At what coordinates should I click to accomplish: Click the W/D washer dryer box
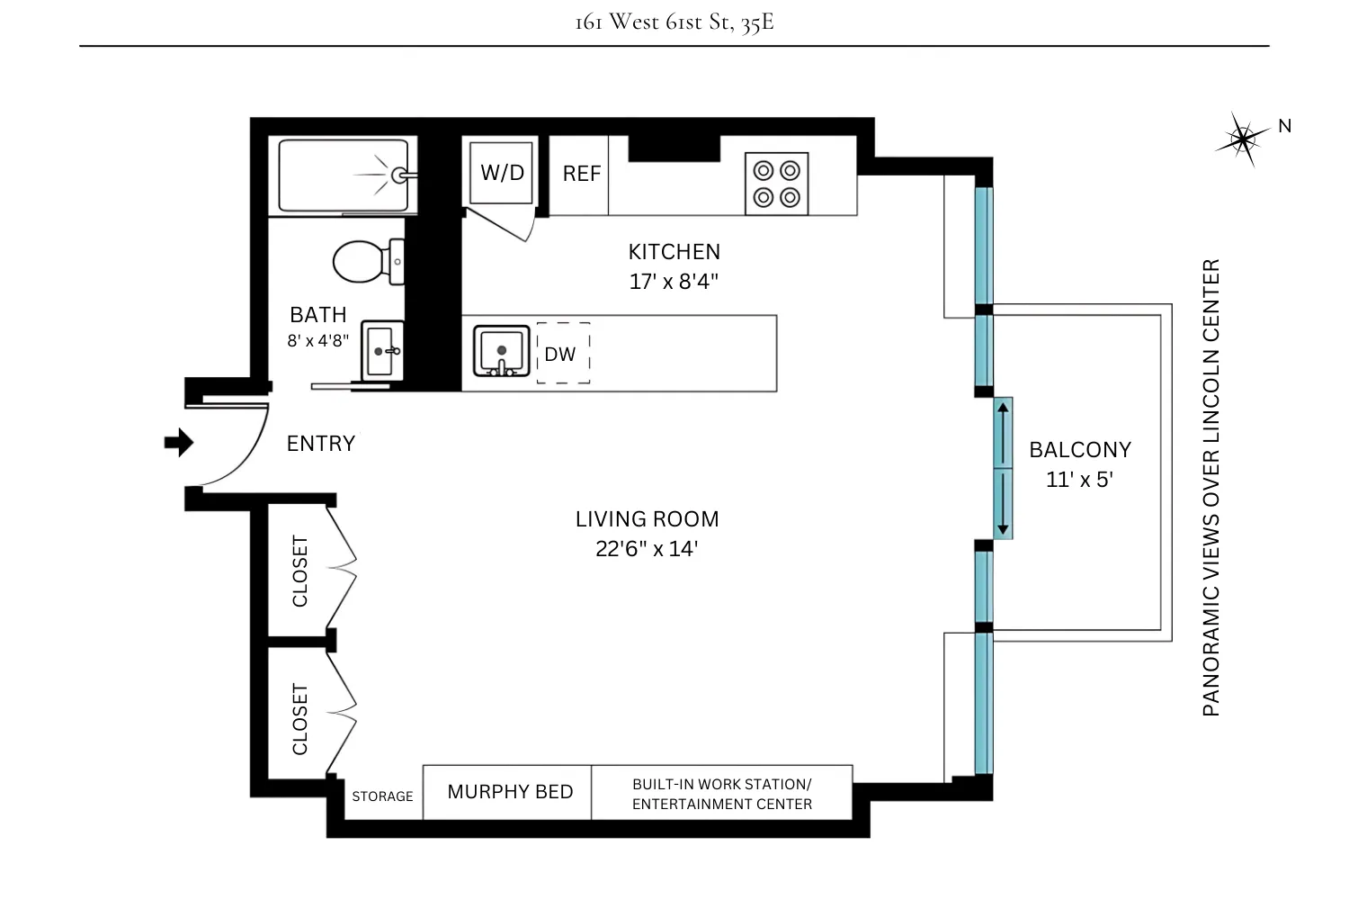502,172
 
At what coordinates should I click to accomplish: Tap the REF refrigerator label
581,174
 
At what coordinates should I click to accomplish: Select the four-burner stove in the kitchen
776,184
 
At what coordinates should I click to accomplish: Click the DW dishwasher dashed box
563,353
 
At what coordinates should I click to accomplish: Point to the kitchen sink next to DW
502,351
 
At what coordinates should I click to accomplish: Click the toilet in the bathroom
367,262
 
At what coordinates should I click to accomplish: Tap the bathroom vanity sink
382,350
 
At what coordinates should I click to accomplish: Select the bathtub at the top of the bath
347,175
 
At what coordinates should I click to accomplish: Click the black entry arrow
178,442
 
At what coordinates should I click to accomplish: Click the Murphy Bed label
510,792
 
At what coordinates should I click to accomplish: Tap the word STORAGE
382,796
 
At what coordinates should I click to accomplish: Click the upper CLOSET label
300,571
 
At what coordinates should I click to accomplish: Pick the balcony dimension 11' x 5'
1079,480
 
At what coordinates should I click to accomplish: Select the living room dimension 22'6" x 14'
647,549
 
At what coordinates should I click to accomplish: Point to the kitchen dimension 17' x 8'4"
674,282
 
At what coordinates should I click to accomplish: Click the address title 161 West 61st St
674,22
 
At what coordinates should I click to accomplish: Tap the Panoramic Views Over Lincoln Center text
1211,487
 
